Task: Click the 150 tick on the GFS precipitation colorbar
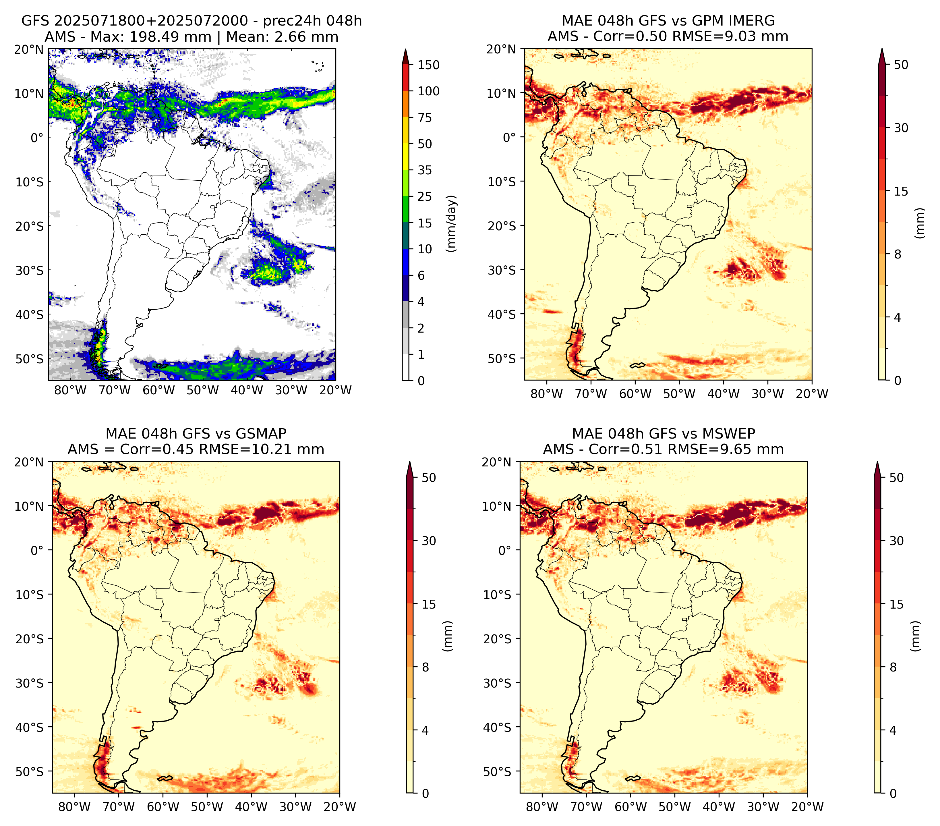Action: coord(428,65)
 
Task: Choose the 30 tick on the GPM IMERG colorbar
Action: coord(901,128)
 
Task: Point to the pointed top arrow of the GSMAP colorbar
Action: coord(410,469)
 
